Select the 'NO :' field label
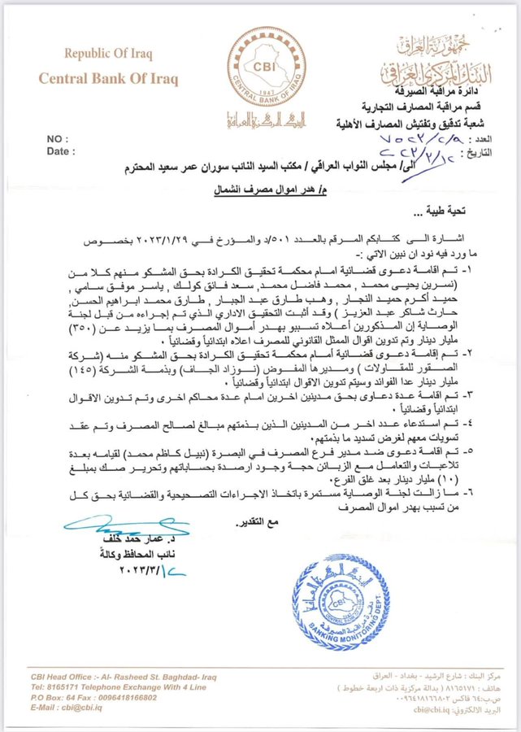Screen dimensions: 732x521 click(59, 139)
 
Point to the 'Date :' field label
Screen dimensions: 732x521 click(61, 151)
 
